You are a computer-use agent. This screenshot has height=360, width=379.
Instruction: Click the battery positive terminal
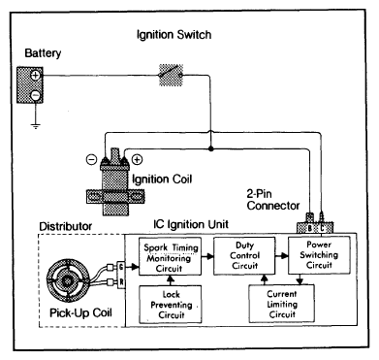coord(35,76)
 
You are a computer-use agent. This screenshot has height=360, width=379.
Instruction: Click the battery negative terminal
coord(35,95)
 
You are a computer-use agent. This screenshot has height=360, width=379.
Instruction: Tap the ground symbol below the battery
coord(36,126)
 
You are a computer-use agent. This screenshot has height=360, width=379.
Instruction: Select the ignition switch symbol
coord(171,75)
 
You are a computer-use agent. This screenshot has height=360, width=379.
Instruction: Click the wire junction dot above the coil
coord(211,149)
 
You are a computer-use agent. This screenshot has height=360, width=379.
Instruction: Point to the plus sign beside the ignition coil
coord(138,159)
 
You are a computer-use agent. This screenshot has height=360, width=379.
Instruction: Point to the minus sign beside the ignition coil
coord(91,159)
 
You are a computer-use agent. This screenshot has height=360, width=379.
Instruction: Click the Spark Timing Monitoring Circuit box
coord(170,257)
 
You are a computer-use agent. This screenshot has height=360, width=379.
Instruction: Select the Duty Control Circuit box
coord(244,255)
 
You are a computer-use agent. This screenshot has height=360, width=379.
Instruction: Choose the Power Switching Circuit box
coord(319,255)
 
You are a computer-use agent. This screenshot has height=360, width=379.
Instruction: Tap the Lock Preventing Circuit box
coord(171,304)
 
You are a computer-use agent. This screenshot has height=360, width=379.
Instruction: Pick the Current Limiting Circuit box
coord(282,304)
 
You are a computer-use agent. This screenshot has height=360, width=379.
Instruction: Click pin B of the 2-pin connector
coord(309,228)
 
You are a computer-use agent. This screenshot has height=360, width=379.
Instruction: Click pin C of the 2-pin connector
coord(322,228)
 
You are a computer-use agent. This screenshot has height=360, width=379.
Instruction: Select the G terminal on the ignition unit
coord(121,267)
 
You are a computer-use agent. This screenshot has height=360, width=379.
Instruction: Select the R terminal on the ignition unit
coord(121,282)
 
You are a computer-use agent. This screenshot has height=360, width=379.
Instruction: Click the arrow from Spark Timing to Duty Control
coord(207,256)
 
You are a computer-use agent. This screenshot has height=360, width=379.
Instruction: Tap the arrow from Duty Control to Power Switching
coord(282,256)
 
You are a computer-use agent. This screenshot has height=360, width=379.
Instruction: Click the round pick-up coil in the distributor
coord(68,280)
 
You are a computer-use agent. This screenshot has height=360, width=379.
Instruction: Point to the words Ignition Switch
coord(174,35)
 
